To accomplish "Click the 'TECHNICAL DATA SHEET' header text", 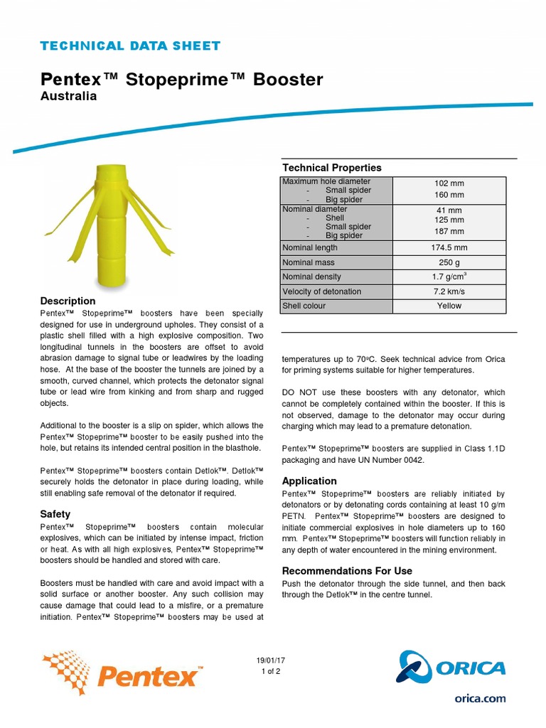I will [130, 46].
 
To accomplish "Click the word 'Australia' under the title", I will [68, 96].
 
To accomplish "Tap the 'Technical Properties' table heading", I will [332, 168].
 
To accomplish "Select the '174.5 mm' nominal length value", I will [449, 248].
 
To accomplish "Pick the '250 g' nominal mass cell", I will [449, 262].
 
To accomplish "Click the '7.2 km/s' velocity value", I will [449, 291].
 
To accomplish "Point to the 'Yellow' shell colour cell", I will [449, 306].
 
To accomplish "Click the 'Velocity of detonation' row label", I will [321, 291].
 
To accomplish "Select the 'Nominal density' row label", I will [311, 277].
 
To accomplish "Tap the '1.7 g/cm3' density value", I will [449, 277].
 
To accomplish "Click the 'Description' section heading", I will [68, 301].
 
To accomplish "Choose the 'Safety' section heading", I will [55, 514].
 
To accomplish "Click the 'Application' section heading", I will [309, 481].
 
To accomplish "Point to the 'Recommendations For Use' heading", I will [347, 571].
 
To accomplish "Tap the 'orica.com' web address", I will [480, 698].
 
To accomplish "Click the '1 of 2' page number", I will [271, 671].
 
